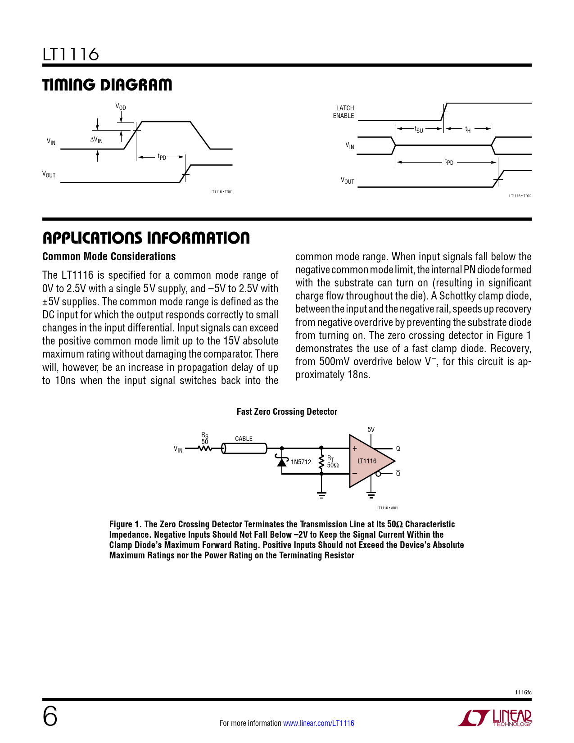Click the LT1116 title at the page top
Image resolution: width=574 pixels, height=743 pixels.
coord(71,54)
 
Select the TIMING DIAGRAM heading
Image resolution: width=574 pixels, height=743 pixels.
coord(107,85)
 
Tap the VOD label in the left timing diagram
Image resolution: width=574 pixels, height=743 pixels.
coord(121,107)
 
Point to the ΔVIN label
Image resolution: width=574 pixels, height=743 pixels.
coord(96,140)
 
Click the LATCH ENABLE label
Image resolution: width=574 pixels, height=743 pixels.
coord(344,112)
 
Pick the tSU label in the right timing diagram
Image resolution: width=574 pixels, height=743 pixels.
coord(419,130)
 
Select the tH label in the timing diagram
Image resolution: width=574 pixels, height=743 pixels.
coord(468,130)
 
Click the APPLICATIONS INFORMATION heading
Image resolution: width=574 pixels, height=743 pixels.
coord(146,238)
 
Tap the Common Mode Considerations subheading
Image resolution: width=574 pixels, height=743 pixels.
coord(109,257)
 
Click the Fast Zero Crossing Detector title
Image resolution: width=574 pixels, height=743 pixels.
coord(287,412)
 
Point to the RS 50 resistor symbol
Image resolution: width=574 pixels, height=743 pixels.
coord(205,449)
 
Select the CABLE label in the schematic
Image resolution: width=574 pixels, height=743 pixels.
coord(244,439)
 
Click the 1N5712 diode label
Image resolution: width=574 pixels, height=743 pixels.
coord(301,462)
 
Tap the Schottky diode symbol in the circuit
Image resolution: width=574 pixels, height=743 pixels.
coord(282,461)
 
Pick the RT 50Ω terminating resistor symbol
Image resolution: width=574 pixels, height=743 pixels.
coord(321,462)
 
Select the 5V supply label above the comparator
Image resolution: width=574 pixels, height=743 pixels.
coord(371,430)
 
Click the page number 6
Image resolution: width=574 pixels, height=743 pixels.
coord(50,716)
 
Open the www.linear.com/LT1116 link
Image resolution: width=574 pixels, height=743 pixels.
coord(318,723)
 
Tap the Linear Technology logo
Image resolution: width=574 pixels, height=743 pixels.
coord(495,718)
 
